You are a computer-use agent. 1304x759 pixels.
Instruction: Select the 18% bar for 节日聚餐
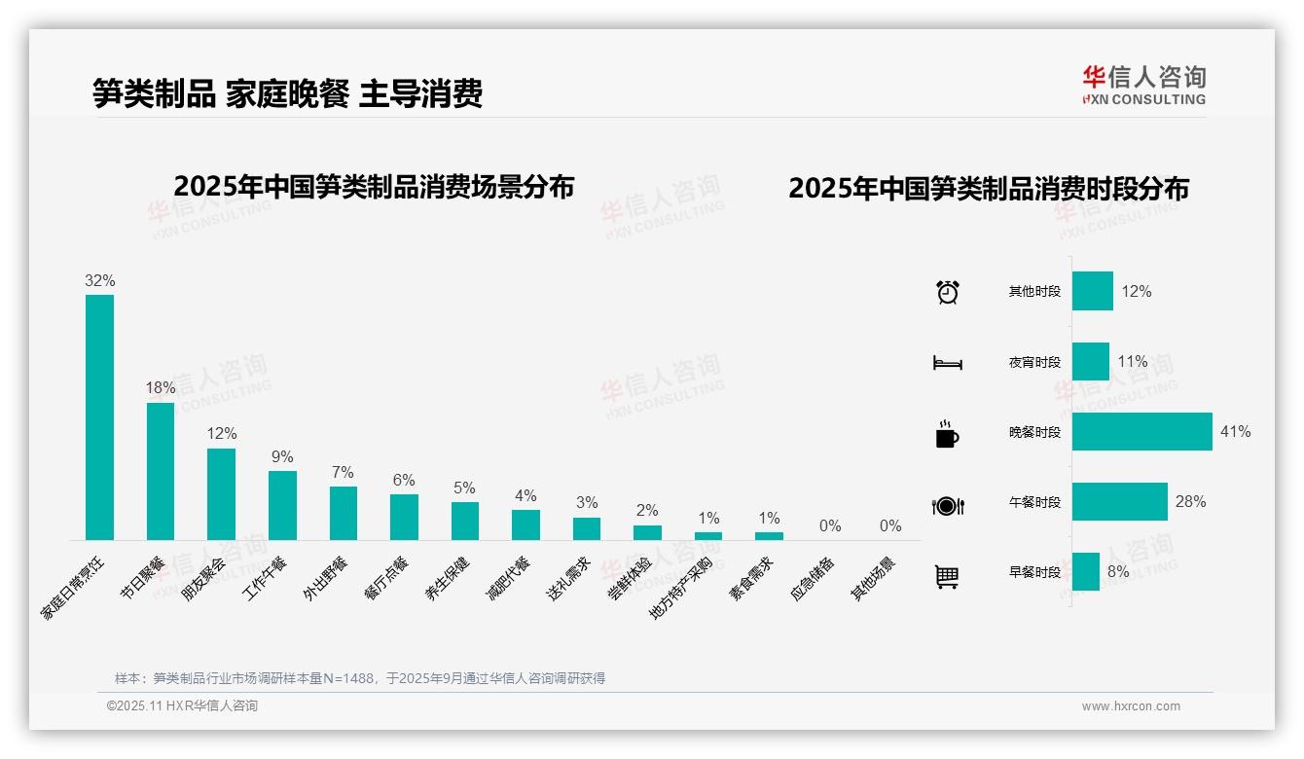click(161, 471)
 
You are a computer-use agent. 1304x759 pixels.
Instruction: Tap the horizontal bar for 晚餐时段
click(1141, 432)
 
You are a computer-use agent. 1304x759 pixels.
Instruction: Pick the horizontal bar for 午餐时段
click(1119, 502)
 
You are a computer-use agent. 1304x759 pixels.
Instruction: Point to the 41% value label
click(1235, 432)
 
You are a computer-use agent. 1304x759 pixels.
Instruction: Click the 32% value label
click(99, 281)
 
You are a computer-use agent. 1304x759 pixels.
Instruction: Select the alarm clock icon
click(947, 292)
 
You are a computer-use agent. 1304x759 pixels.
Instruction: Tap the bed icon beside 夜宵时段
click(947, 363)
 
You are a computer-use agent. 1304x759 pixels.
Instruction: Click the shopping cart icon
click(947, 576)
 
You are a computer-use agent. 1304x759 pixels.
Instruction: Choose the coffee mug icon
click(947, 434)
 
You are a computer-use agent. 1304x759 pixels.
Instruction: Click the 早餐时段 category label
click(1034, 573)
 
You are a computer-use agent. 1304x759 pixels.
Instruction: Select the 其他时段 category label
click(1034, 292)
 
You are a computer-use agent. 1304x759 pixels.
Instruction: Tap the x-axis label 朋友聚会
click(203, 579)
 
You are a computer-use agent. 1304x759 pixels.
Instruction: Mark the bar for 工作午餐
click(282, 505)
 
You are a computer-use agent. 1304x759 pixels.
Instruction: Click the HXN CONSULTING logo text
click(1143, 99)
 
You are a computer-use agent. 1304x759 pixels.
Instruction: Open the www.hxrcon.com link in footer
click(1131, 706)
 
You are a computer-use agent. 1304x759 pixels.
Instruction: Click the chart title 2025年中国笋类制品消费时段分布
click(988, 189)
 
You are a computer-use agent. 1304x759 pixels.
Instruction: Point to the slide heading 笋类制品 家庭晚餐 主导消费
click(287, 93)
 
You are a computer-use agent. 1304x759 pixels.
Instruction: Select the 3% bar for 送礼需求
click(587, 528)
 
